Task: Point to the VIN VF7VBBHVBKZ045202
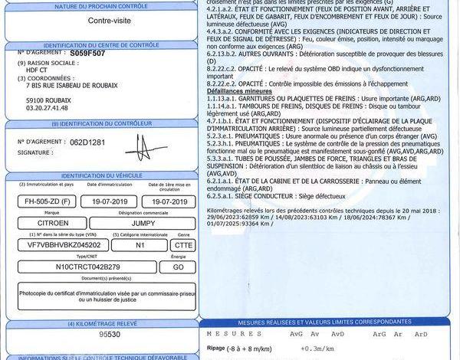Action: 58,244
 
